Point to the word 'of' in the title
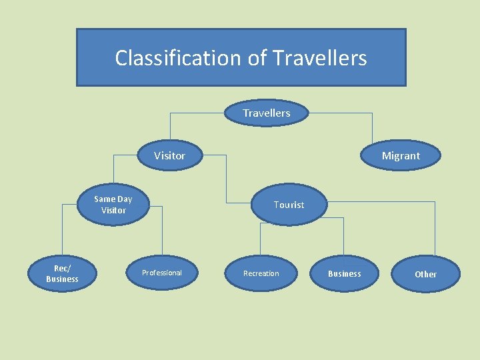(x=257, y=58)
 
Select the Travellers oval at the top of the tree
(x=267, y=113)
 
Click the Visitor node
(x=170, y=156)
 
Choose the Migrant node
(x=401, y=156)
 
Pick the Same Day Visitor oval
(x=113, y=205)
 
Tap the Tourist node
(x=289, y=205)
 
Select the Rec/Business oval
(x=62, y=273)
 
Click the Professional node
(x=162, y=273)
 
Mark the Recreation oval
(x=261, y=273)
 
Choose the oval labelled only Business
(x=345, y=273)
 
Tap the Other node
(x=425, y=274)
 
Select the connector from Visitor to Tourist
(x=226, y=180)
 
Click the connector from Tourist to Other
(x=434, y=227)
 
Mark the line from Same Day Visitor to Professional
(x=161, y=233)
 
